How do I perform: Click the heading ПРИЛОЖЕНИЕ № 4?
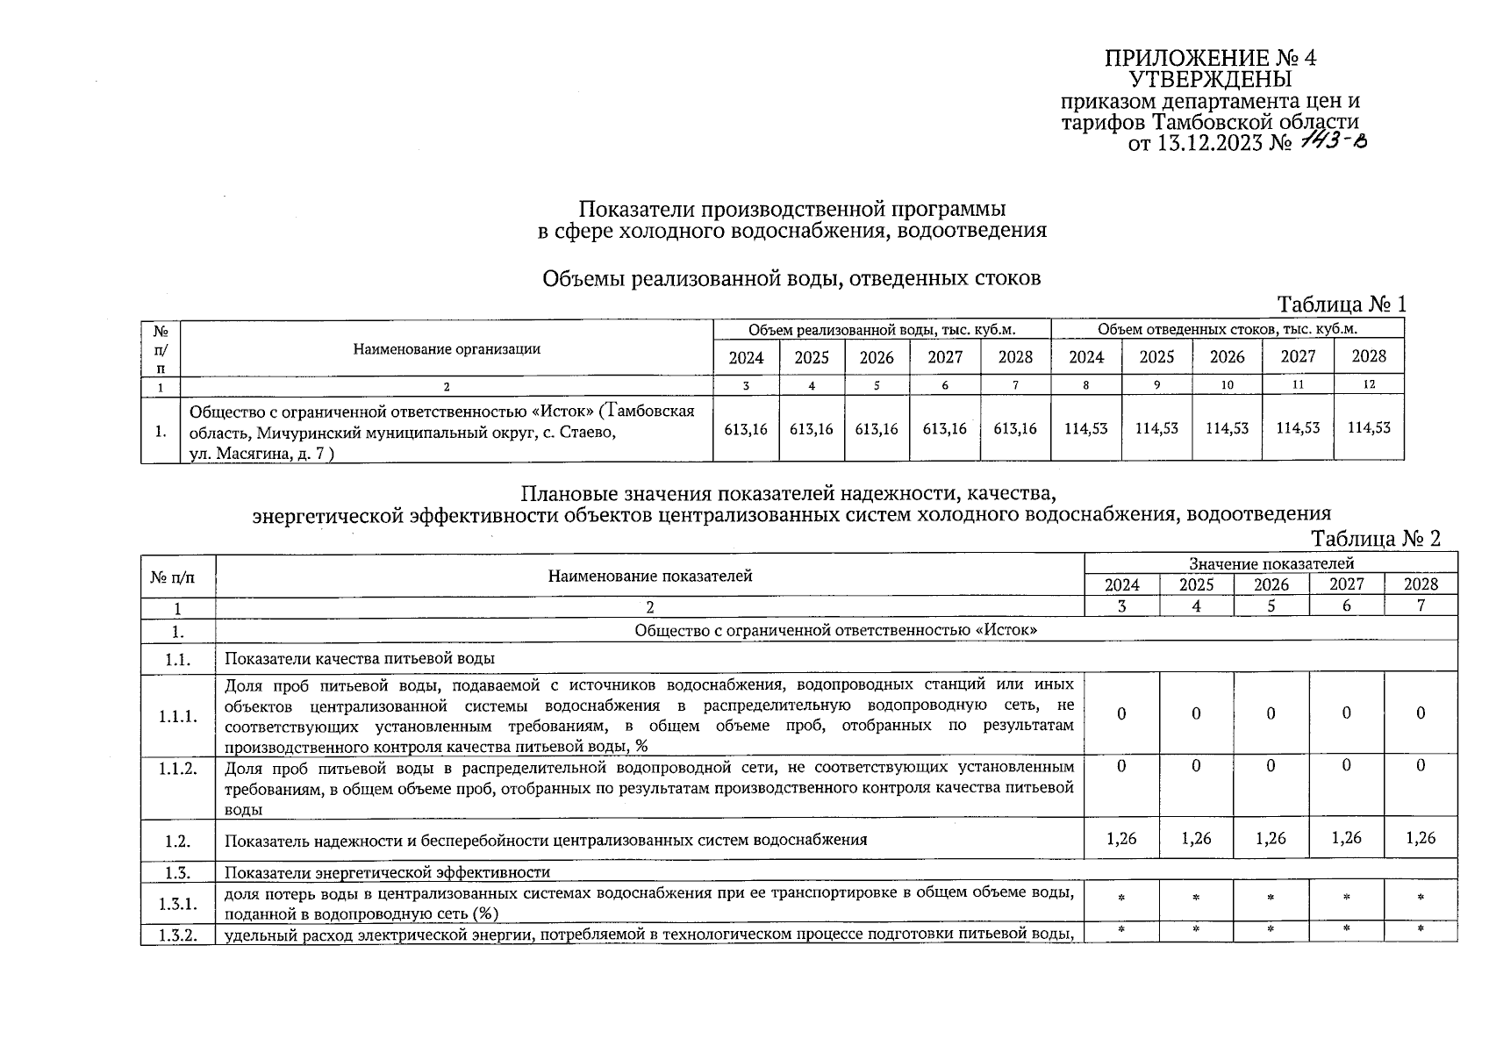(1210, 59)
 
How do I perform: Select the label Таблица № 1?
(1342, 304)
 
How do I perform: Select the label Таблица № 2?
(1376, 538)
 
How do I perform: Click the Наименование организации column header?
(447, 349)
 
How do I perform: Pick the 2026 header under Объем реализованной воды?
(876, 357)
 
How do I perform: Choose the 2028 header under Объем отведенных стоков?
(1368, 356)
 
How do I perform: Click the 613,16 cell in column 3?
(746, 429)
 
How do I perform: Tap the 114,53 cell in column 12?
(1369, 428)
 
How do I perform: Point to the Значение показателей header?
(1271, 563)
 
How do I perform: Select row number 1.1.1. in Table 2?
(178, 716)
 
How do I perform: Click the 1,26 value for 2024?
(1121, 839)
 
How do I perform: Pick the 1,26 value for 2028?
(1420, 839)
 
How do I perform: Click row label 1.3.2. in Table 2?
(178, 935)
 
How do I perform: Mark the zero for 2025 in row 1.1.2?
(1196, 766)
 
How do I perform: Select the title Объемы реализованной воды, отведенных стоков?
(791, 279)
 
